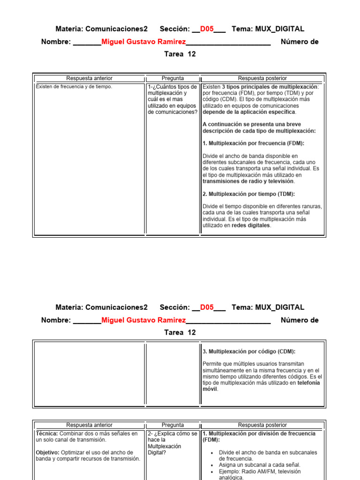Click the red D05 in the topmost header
[207, 29]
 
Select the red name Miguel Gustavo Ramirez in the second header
[143, 321]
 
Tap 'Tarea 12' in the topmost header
[180, 54]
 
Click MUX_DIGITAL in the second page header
[279, 307]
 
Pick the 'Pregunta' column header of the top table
[172, 78]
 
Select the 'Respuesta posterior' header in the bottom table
[262, 425]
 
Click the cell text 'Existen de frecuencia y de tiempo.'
[74, 87]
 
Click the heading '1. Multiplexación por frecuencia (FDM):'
[253, 143]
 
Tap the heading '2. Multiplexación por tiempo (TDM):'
[248, 194]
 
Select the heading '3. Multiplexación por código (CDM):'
[249, 351]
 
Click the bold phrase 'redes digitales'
[251, 225]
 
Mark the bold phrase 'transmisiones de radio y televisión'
[248, 181]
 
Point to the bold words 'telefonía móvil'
[261, 386]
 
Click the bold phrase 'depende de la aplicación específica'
[249, 112]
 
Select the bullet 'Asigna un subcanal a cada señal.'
[260, 465]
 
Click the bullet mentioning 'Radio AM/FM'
[260, 474]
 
